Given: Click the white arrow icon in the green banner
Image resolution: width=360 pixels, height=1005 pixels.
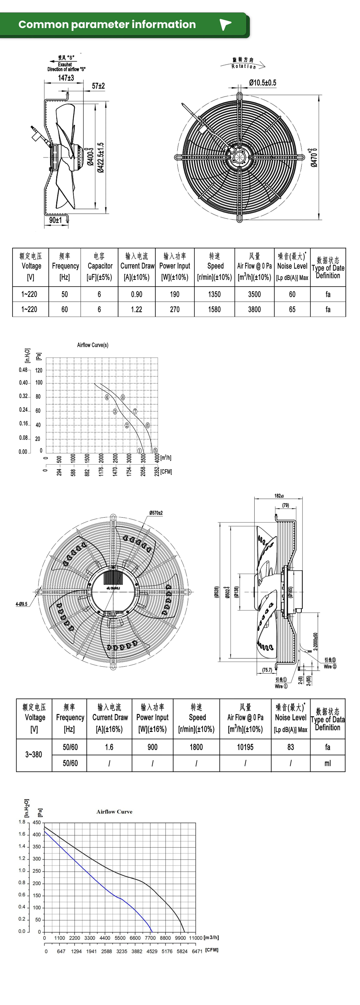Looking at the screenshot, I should coord(225,25).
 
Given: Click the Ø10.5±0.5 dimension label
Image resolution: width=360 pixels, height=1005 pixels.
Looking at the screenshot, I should coord(262,83).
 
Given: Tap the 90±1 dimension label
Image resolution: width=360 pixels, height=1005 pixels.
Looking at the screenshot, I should coord(55,220).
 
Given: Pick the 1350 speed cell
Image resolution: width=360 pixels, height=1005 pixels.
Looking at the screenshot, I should coord(214,294).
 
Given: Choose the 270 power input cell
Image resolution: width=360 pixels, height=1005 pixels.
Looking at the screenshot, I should coord(175,309).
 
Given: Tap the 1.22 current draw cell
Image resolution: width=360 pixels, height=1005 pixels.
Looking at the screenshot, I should coord(137,309).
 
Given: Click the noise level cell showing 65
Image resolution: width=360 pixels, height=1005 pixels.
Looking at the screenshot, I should coord(292,309).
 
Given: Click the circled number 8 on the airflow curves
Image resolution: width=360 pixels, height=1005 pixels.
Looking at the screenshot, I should coord(123,397).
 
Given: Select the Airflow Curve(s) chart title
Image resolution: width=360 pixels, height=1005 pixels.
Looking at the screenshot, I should coord(93,345).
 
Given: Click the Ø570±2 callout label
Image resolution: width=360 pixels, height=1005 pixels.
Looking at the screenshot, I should coord(156,513).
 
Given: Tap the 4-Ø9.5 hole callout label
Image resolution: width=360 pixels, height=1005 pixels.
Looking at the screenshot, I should coord(21,604).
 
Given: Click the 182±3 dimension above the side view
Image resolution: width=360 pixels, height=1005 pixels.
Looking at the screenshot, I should coord(279,496).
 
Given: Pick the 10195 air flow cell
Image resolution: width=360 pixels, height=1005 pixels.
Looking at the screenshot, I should coord(245,747).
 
